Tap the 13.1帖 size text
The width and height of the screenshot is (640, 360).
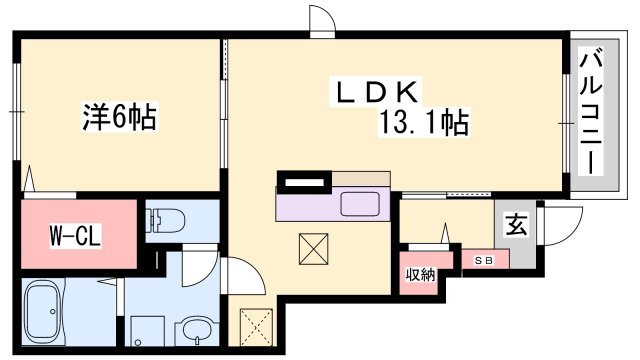424,122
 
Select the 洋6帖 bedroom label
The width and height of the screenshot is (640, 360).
120,117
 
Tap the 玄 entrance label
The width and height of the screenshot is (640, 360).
516,225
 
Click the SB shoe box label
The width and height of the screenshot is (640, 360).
484,260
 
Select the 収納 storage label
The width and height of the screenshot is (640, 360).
421,275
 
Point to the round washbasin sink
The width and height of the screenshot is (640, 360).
196,331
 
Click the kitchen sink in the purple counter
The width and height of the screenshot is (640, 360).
360,204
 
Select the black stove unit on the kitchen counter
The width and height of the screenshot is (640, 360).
304,182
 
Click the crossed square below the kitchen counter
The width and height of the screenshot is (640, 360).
313,249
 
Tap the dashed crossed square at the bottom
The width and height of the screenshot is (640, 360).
256,328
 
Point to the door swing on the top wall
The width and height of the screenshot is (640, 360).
322,19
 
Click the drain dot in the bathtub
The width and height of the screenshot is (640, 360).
53,312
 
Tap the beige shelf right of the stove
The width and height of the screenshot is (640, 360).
361,178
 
